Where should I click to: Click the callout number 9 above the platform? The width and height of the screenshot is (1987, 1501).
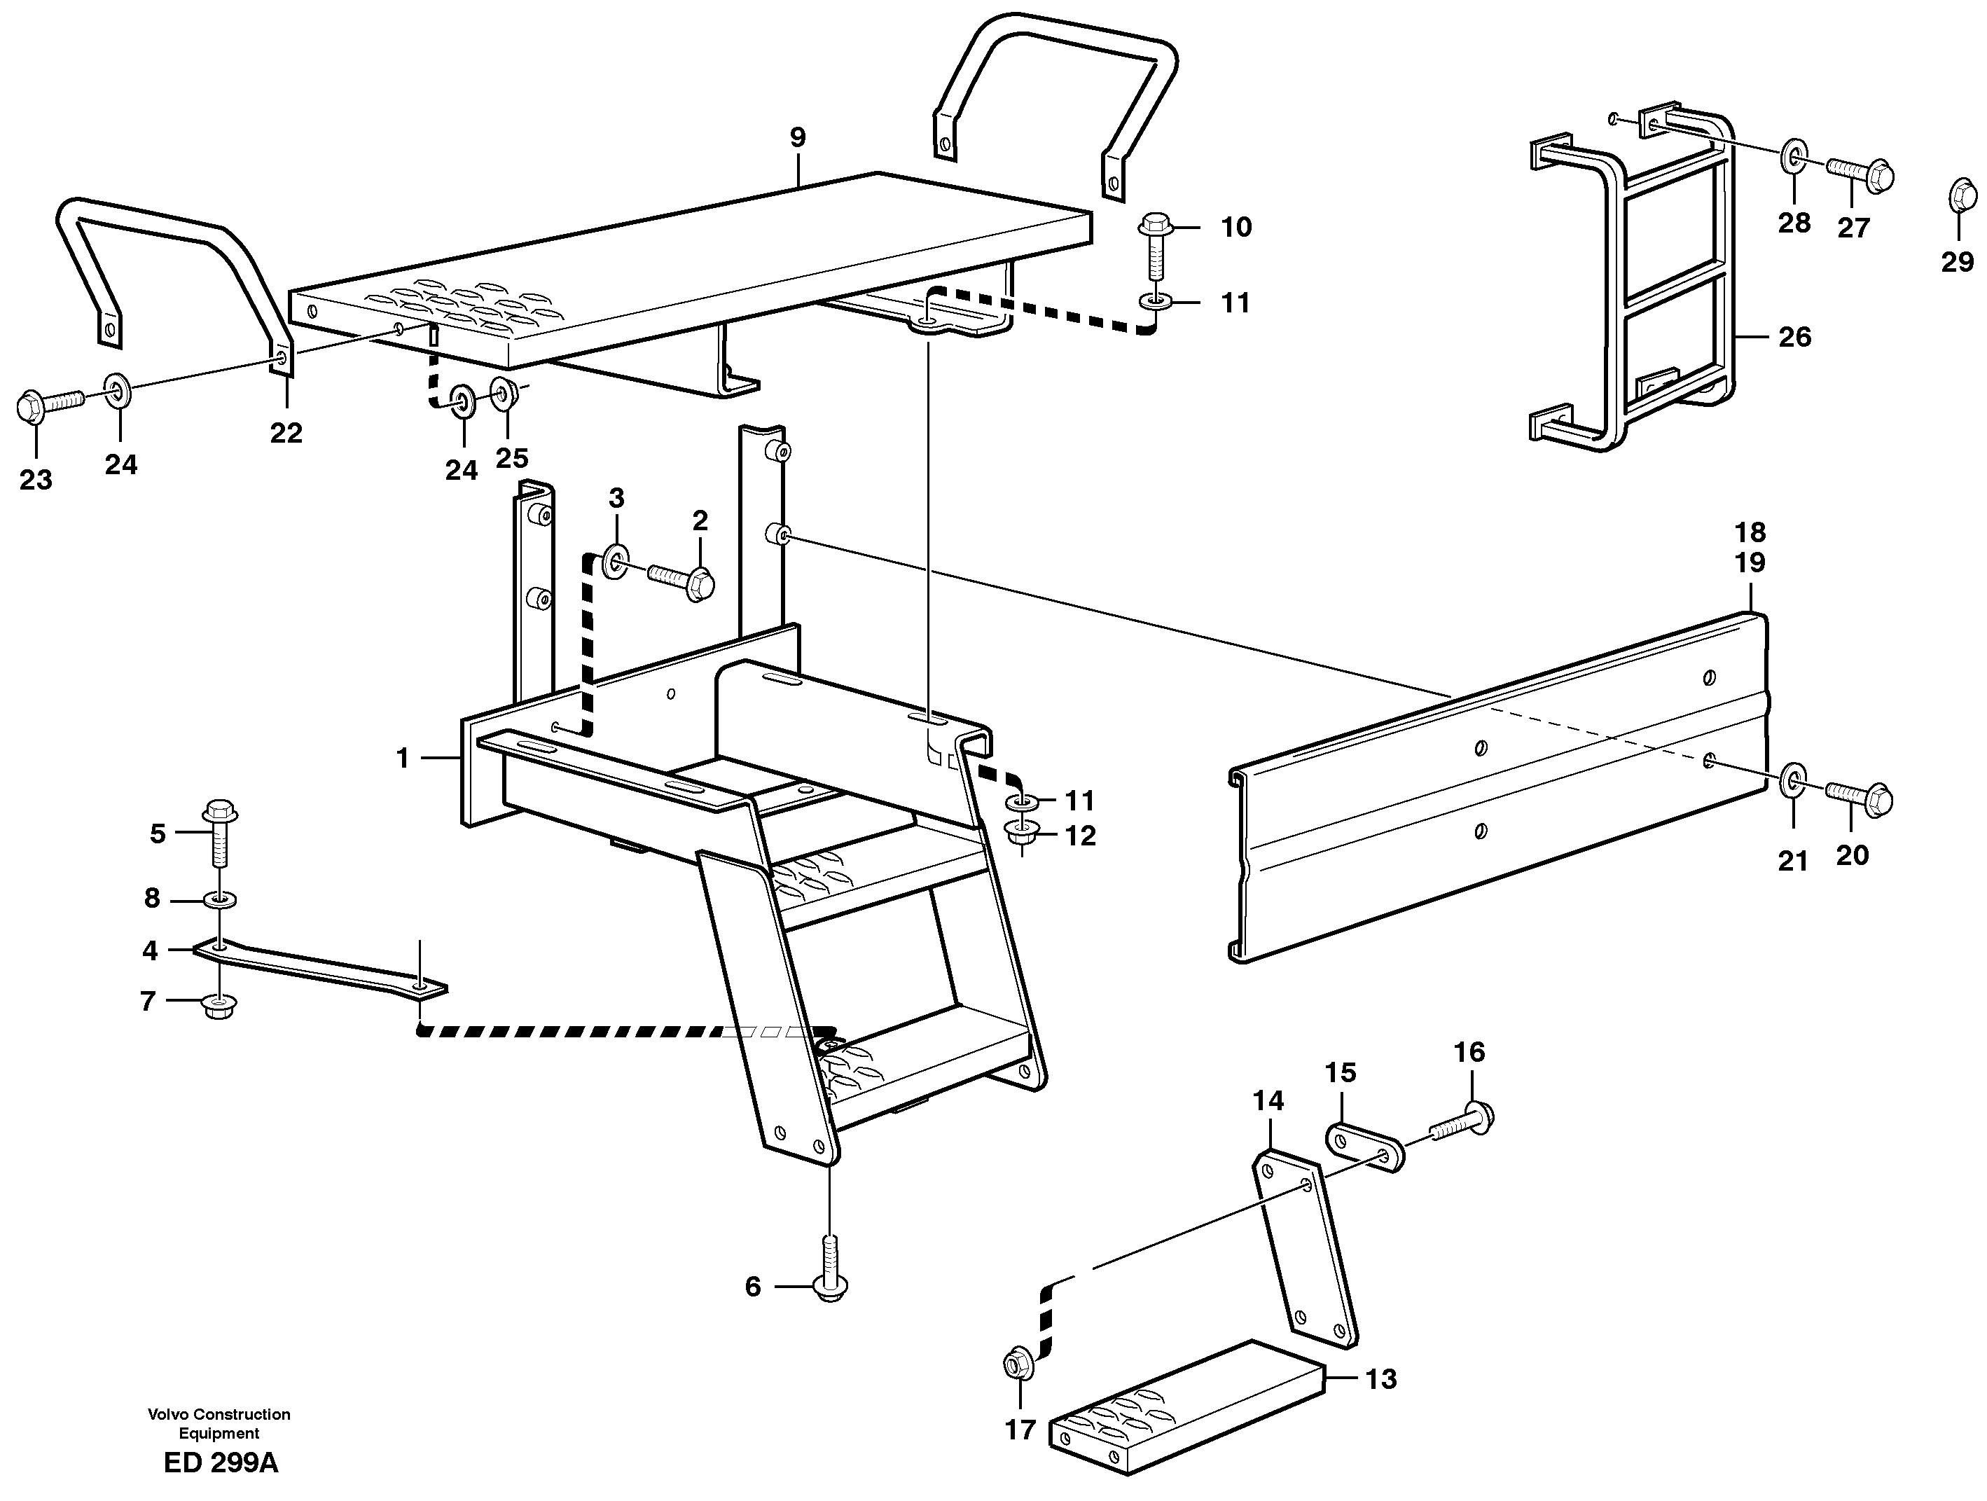798,138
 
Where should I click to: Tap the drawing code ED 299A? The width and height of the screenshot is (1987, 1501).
221,1463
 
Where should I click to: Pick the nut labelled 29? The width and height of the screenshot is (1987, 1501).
1962,197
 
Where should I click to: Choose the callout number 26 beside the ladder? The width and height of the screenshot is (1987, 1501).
1795,338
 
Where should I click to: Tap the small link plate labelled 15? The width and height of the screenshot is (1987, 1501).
1364,1145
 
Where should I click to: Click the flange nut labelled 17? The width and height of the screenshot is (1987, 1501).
1018,1364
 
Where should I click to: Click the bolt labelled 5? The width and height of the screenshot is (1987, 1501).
219,831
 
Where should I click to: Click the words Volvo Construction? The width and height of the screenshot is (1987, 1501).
219,1414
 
